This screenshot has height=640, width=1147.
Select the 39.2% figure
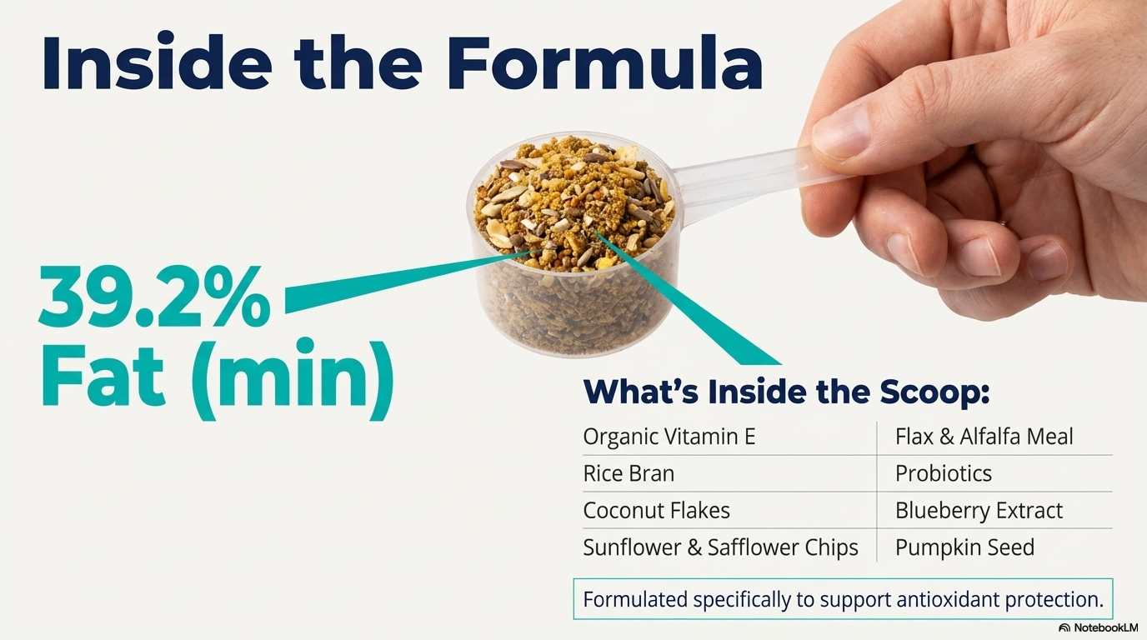click(155, 300)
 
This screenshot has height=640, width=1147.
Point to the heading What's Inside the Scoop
click(786, 392)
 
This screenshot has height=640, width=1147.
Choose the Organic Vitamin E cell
click(669, 437)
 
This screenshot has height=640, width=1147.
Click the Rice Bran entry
click(629, 473)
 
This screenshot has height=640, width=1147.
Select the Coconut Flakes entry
click(656, 510)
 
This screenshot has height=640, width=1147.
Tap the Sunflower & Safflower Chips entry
click(720, 547)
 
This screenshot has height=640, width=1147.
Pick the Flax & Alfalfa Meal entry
click(984, 437)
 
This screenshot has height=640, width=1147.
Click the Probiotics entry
click(943, 473)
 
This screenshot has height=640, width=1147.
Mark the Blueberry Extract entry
click(979, 510)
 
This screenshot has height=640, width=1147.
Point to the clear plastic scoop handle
click(734, 179)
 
